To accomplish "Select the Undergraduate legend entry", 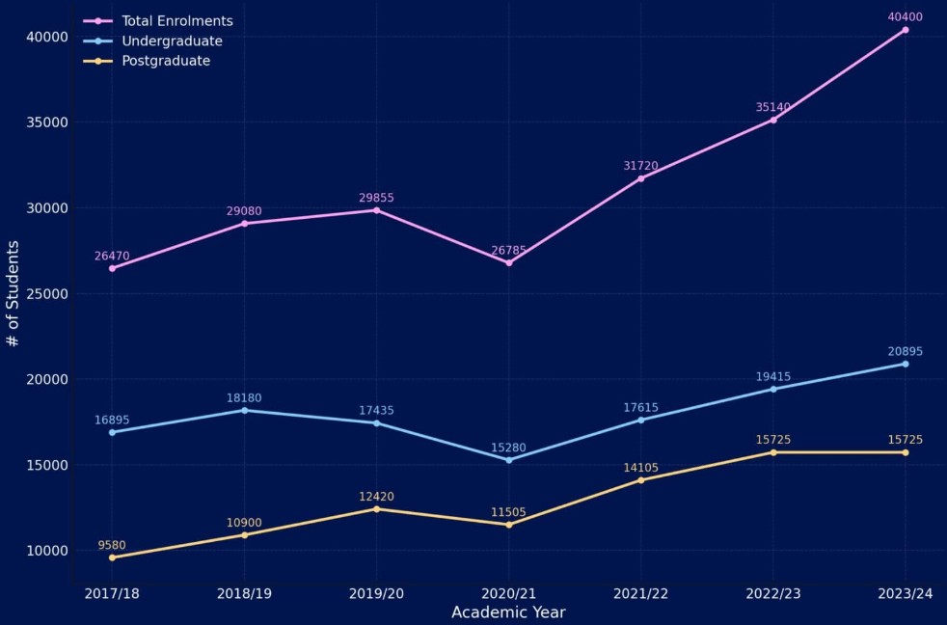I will tap(172, 41).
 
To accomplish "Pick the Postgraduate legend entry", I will tap(166, 61).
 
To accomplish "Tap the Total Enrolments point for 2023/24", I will tap(906, 30).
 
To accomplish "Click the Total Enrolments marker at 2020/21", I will tap(509, 262).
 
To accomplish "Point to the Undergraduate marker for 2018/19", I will tap(245, 410).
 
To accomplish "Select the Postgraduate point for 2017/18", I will tap(112, 557).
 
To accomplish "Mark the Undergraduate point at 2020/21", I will tap(509, 460).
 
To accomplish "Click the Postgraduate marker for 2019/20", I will tap(376, 509).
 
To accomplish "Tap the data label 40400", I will tap(906, 16).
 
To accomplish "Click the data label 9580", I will tap(112, 545).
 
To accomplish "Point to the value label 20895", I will tap(906, 351).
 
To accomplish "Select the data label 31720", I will tap(640, 166).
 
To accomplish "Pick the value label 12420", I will tap(376, 497).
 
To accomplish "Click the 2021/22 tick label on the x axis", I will tap(640, 593).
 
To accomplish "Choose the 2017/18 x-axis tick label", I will tap(112, 593).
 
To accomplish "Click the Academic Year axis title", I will tap(508, 612).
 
